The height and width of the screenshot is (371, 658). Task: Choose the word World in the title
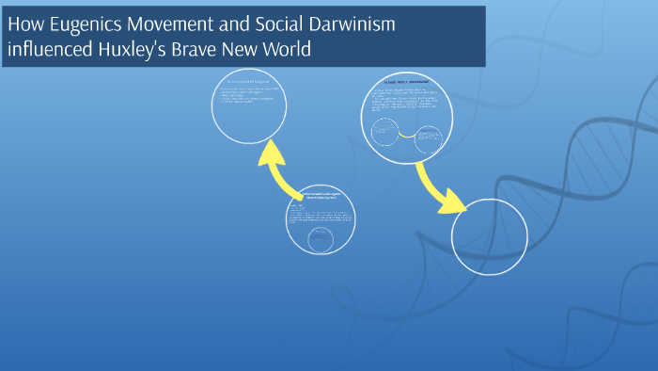coord(285,49)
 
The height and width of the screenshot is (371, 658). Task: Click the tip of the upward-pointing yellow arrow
coord(274,145)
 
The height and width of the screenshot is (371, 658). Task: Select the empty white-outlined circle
coord(491,235)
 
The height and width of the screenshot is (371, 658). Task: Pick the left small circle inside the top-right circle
coord(385,132)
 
